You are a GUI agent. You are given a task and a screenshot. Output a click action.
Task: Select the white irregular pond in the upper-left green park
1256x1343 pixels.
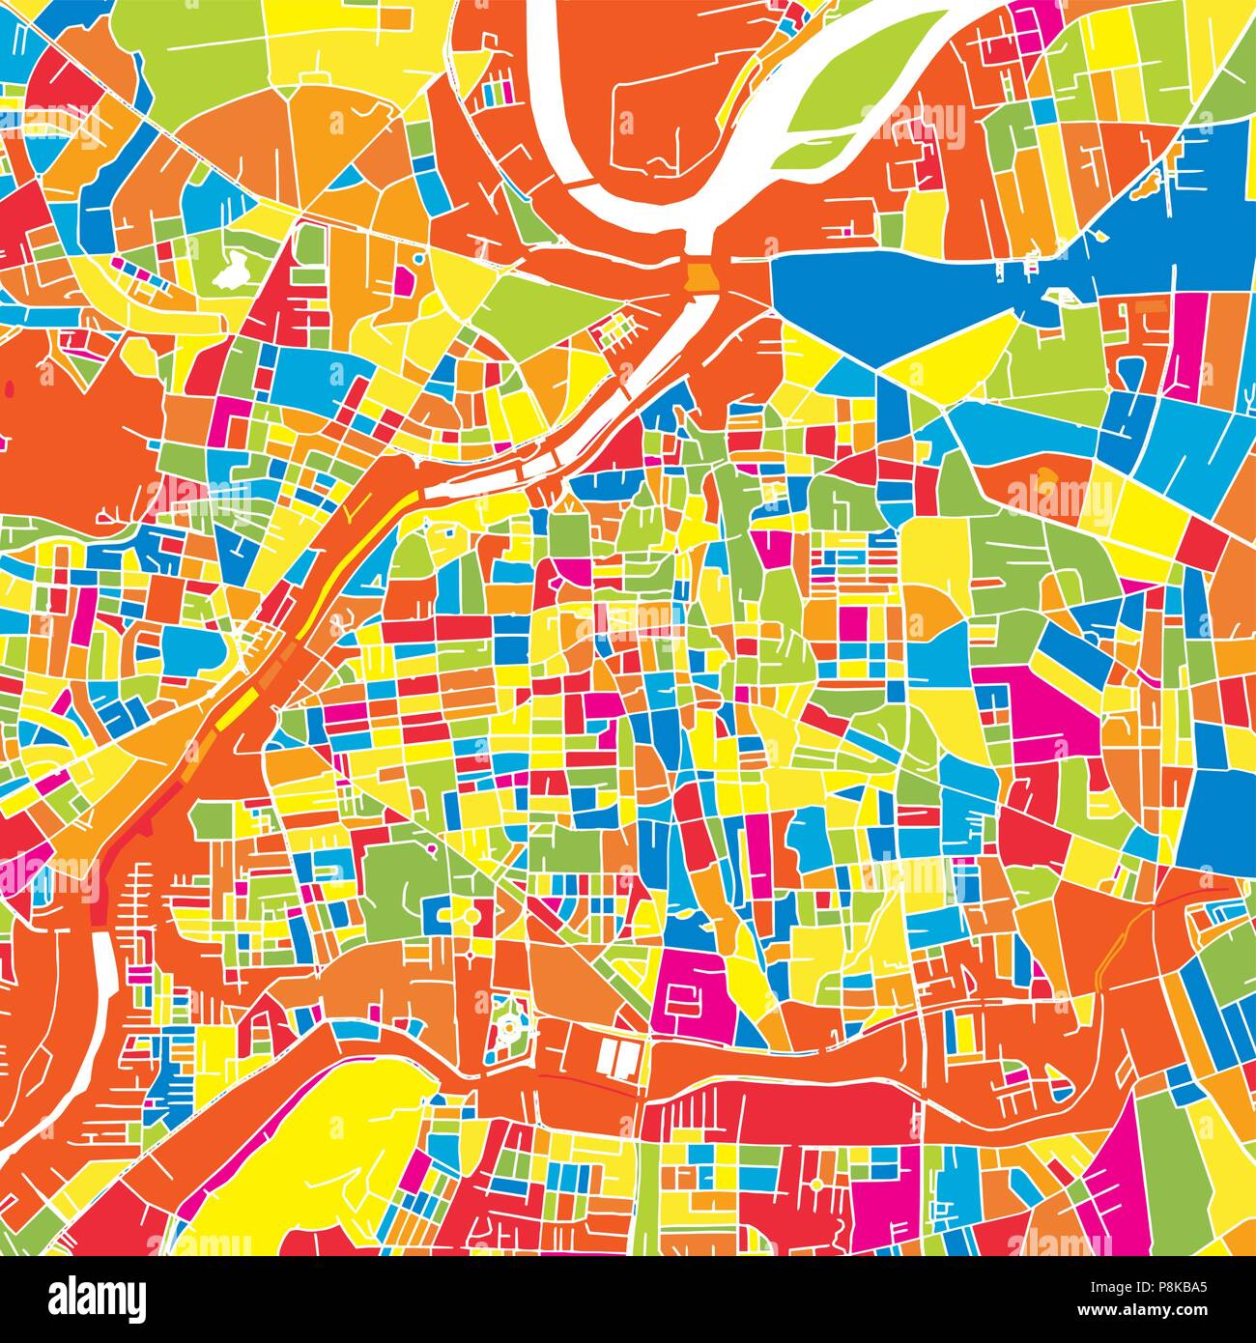(232, 272)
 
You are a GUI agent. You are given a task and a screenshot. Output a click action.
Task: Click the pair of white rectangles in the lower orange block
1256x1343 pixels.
(616, 1056)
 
